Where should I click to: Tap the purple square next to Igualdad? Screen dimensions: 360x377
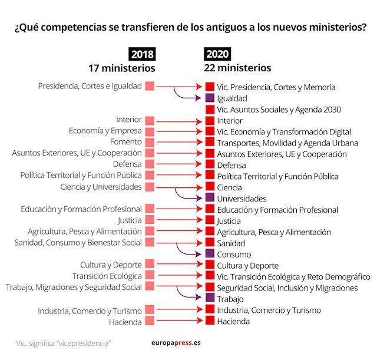[210, 98]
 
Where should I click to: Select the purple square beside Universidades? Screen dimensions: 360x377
[210, 199]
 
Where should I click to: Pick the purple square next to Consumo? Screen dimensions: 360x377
[210, 254]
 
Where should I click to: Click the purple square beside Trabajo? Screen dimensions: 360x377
[210, 299]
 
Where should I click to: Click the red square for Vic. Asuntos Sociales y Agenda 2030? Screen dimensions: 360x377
[210, 110]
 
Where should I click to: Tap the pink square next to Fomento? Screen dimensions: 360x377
[150, 143]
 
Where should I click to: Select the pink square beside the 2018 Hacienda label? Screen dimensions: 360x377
[150, 321]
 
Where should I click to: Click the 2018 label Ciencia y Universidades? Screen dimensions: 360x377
[101, 187]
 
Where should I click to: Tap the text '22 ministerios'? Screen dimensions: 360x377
[238, 68]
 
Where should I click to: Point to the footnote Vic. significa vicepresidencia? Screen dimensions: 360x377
[64, 343]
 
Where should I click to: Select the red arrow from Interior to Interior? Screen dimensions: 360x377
[180, 121]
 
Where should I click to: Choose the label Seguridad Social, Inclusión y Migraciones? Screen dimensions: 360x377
[287, 288]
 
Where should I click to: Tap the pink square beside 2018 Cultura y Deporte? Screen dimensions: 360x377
[150, 264]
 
